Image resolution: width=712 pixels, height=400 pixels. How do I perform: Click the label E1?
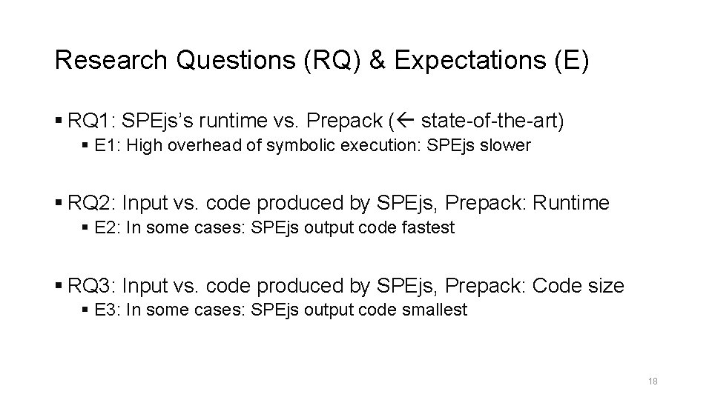(109, 145)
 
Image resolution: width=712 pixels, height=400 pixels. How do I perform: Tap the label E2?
(109, 228)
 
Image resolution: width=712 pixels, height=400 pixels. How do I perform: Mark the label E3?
(109, 310)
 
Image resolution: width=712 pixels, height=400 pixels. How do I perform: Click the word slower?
(507, 145)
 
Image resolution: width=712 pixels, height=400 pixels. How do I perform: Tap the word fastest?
(428, 228)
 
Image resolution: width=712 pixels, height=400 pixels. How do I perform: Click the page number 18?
(653, 381)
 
